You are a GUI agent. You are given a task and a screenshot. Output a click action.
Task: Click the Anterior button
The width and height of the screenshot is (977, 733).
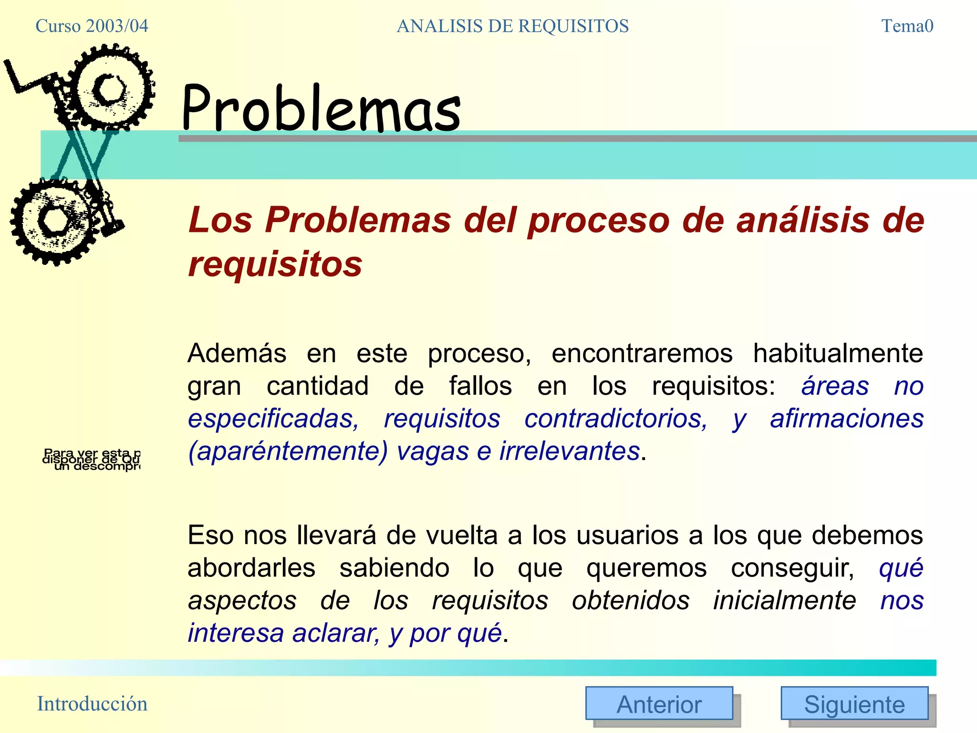[659, 703]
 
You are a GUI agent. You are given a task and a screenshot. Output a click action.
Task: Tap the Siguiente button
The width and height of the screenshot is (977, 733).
[854, 703]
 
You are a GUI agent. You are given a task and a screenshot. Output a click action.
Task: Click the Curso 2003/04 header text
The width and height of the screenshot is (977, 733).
[92, 26]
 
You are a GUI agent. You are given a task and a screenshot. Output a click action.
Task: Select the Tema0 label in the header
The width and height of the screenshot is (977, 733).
[907, 26]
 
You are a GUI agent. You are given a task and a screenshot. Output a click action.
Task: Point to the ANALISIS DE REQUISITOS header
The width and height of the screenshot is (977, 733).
[512, 26]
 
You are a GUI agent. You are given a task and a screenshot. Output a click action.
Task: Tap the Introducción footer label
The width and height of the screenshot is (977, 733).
[92, 703]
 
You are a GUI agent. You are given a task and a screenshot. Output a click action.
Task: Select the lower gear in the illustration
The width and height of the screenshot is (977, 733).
[55, 221]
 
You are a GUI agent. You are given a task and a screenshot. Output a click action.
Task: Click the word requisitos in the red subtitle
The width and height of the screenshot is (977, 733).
[275, 264]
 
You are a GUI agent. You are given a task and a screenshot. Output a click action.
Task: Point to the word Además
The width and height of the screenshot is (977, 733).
[237, 354]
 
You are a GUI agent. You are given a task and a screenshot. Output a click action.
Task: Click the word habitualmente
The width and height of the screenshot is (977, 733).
[838, 354]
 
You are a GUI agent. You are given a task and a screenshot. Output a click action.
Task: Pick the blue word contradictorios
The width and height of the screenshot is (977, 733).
[615, 419]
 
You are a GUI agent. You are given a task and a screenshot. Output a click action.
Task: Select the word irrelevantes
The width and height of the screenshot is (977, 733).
[569, 451]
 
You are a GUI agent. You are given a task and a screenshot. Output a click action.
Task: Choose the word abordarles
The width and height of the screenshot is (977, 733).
[251, 568]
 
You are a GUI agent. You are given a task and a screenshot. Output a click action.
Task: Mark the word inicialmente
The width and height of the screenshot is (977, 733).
[784, 600]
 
